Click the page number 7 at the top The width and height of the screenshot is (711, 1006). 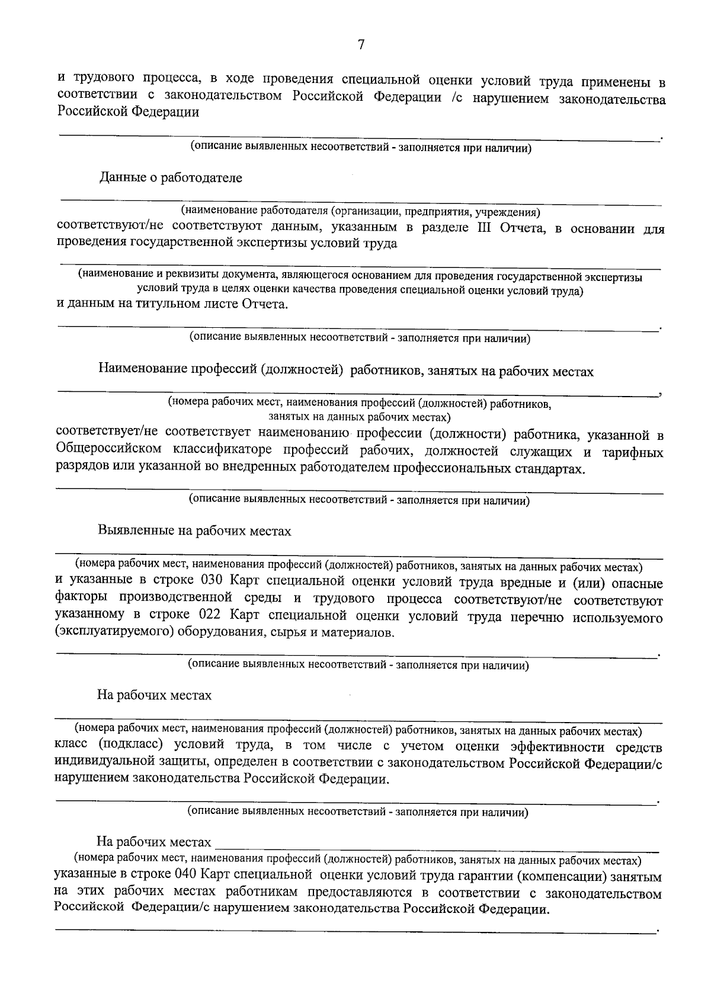tap(361, 45)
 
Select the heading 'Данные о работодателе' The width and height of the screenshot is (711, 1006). tap(171, 178)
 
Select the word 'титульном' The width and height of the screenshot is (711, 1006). tap(156, 305)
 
